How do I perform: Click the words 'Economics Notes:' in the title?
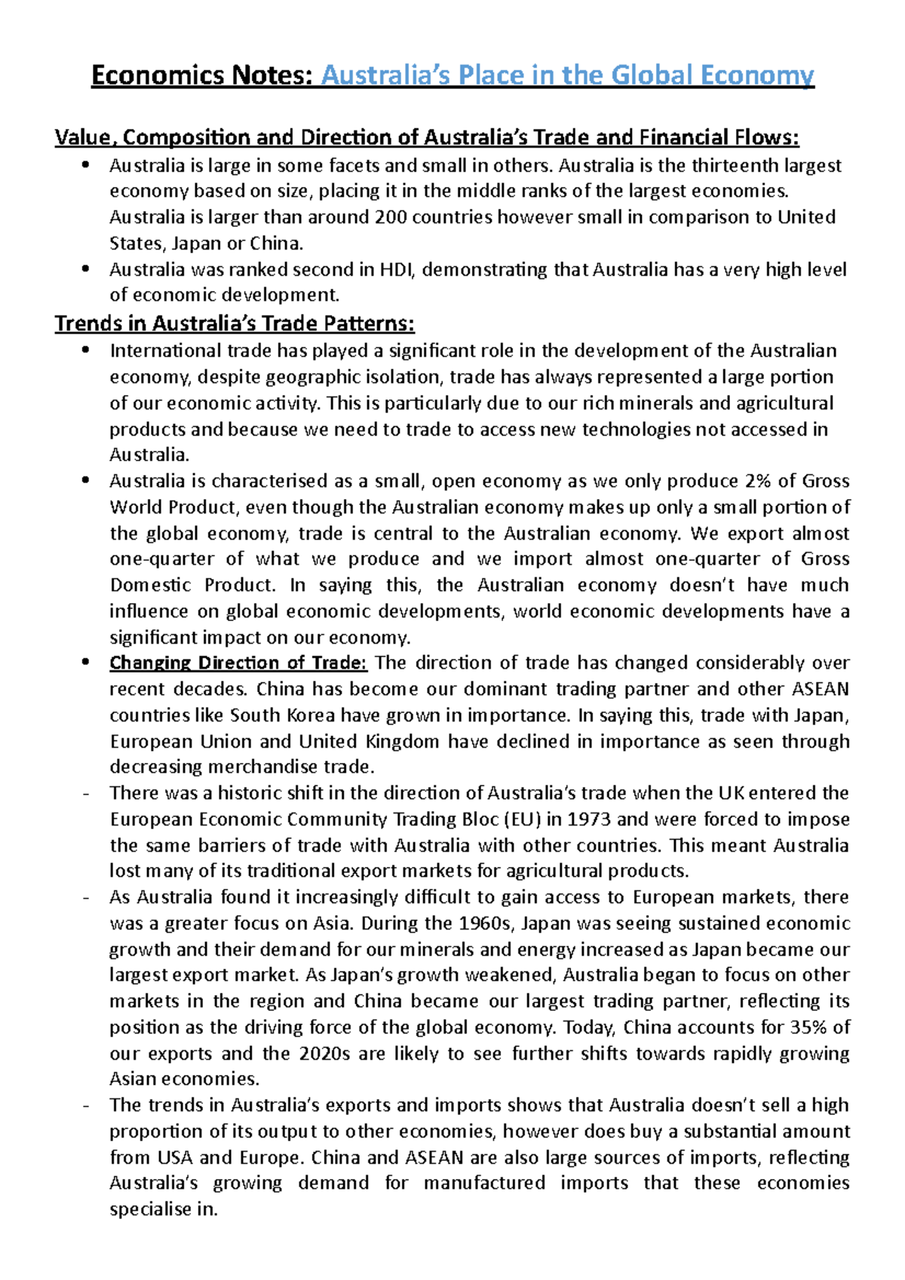[201, 75]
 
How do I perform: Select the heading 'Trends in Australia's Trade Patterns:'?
[235, 324]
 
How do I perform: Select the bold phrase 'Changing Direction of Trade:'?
[238, 663]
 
